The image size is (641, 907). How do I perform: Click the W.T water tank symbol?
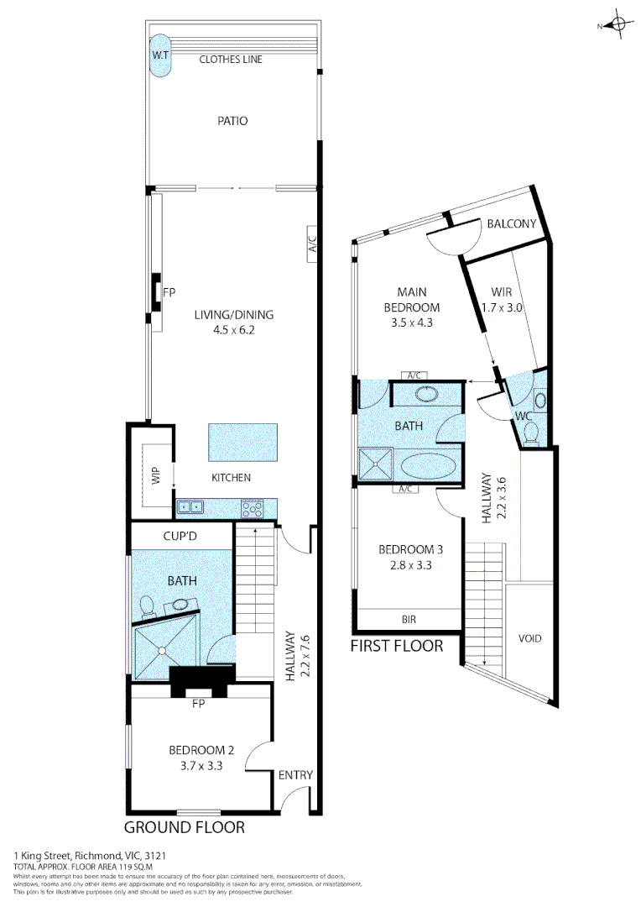159,55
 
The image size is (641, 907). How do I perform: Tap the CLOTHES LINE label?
231,60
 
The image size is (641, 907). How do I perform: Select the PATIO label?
232,121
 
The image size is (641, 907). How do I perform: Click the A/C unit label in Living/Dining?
312,244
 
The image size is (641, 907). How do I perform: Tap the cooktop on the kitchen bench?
253,508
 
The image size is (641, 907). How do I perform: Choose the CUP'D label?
180,534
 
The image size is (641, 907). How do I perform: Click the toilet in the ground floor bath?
146,605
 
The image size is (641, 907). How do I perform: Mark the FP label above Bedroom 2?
199,704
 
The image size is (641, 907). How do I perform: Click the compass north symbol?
618,25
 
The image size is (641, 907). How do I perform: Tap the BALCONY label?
511,223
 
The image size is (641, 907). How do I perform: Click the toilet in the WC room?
530,432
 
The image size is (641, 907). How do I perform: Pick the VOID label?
529,638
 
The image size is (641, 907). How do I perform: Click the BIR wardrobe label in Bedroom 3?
409,620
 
